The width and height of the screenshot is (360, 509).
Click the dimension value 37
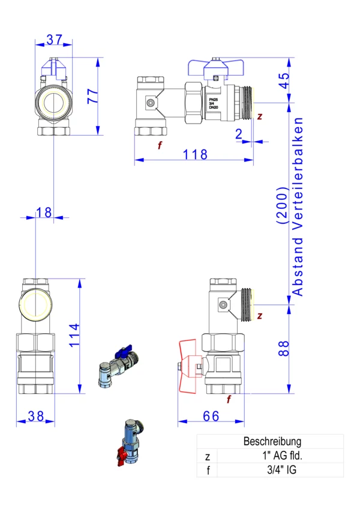54,40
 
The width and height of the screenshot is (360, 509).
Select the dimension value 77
92,96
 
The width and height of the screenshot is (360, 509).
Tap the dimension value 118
194,154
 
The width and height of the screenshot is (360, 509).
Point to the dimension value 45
283,80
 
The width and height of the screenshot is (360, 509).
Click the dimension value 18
44,212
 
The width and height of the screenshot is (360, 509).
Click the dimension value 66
211,416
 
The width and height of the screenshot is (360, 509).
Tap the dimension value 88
283,348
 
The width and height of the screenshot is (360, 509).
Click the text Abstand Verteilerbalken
298,206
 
